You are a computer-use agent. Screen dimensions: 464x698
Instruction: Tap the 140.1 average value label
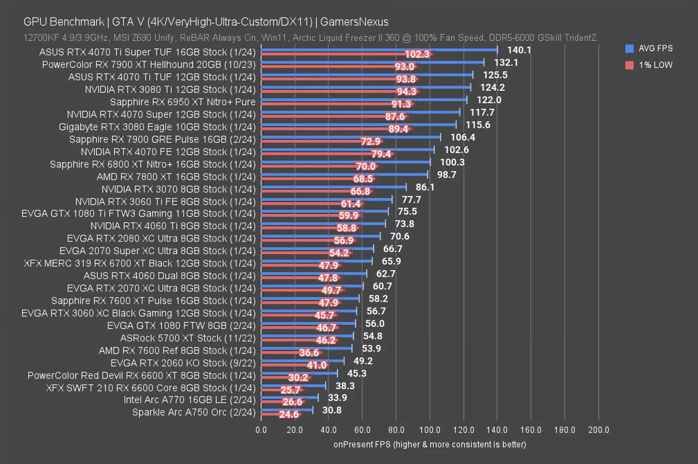[519, 50]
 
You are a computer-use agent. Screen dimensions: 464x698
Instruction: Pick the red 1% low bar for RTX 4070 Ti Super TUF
[330, 54]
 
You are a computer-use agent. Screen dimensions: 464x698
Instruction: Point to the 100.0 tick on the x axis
[430, 430]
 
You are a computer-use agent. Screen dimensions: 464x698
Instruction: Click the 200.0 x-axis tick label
[598, 430]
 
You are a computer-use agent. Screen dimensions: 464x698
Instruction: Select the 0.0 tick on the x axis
[261, 430]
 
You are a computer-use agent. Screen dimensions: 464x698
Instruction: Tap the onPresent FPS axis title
[430, 444]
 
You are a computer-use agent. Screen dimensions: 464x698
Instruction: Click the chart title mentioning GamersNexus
[206, 22]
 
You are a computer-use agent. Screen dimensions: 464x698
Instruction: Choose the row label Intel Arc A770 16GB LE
[190, 400]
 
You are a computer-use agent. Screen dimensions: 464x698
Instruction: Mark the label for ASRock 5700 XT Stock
[188, 338]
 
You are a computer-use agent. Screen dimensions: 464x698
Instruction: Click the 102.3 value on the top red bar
[417, 54]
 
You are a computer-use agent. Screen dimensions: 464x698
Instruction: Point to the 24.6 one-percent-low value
[289, 415]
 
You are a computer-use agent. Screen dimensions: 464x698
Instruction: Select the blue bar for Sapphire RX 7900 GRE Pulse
[350, 137]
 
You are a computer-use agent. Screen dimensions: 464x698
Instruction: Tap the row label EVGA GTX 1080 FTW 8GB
[181, 326]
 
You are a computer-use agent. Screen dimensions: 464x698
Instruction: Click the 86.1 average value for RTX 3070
[425, 187]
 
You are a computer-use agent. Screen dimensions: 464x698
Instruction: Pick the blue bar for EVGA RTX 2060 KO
[302, 361]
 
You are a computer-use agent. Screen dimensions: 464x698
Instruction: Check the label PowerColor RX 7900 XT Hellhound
[149, 64]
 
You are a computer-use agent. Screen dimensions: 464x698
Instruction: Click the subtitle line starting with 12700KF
[309, 38]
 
